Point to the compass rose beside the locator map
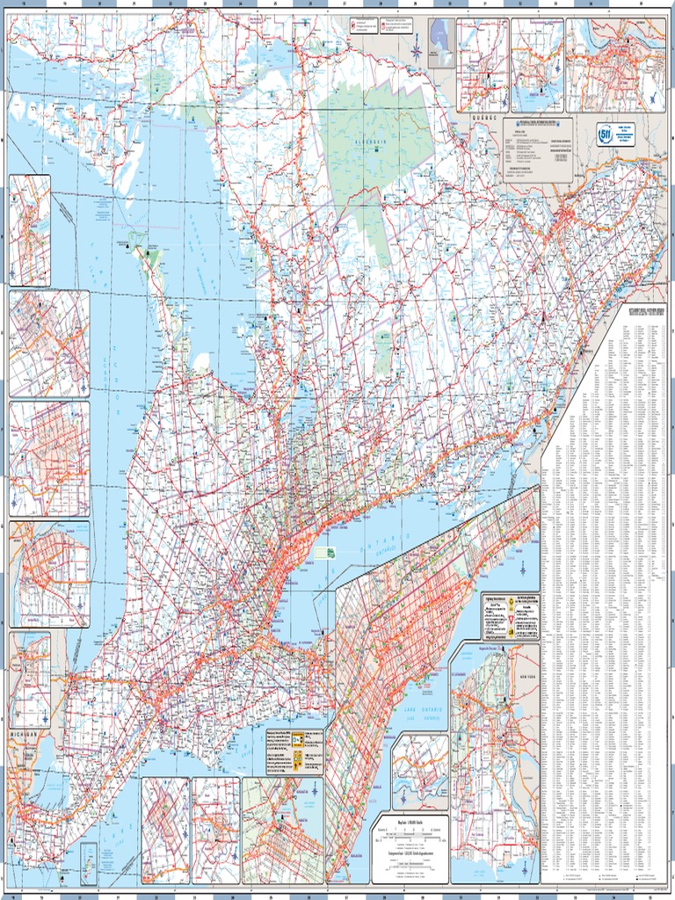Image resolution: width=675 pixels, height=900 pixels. pos(416,50)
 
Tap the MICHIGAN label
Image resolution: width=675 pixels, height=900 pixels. pos(25,734)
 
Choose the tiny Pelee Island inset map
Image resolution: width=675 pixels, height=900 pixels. pos(88,862)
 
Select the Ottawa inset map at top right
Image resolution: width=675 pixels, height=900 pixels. pos(615,66)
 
